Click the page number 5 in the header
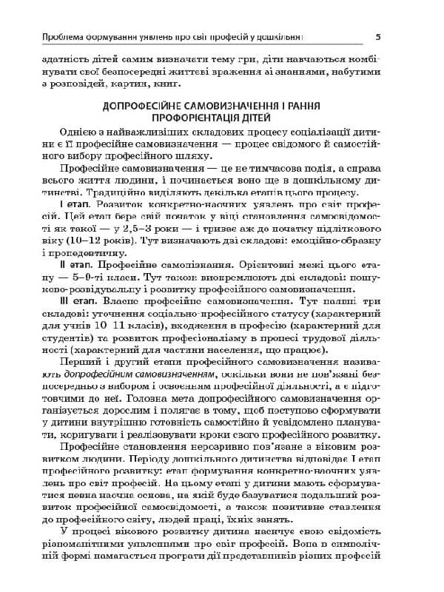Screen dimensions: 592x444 click(378, 36)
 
